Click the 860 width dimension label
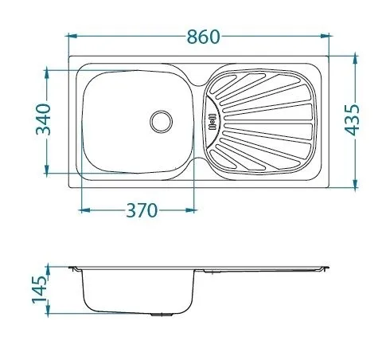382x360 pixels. (204, 37)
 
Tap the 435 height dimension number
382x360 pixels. (352, 120)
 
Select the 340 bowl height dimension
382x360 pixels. (43, 119)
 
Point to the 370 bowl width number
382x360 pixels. (142, 210)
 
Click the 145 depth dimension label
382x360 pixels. (39, 290)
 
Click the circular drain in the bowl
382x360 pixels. (162, 122)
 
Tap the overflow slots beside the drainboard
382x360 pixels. (212, 122)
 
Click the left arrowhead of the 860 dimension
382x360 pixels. (72, 36)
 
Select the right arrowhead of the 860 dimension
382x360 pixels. (325, 36)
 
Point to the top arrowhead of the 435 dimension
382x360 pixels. (356, 60)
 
